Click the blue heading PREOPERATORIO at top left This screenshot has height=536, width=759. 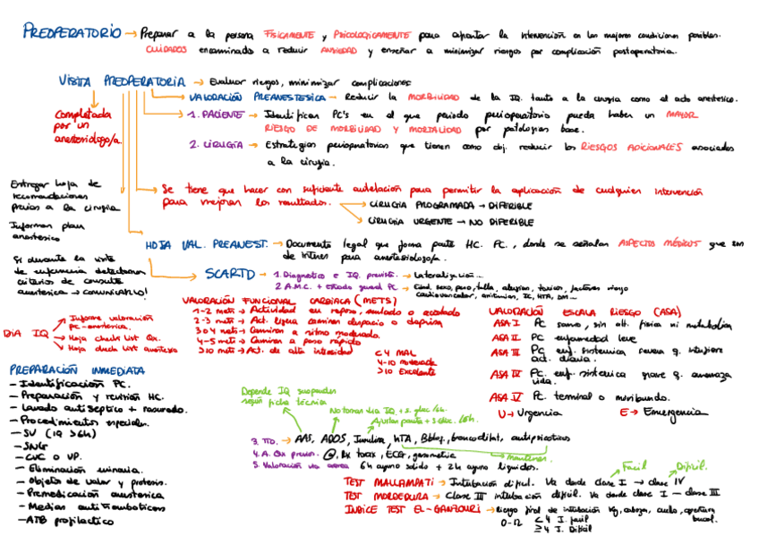pos(72,33)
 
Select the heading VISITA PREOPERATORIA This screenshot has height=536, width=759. pos(123,81)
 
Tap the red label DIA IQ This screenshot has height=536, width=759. pos(26,334)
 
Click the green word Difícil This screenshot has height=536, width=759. pos(689,466)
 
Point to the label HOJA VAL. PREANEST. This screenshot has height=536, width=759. pos(207,243)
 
